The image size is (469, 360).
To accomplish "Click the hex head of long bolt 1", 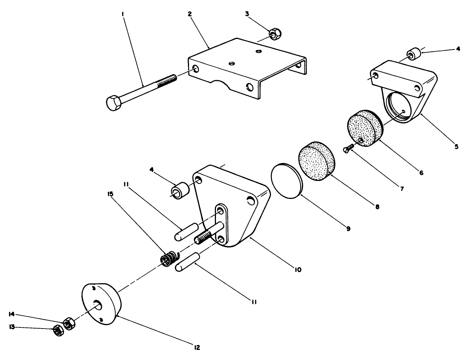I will (x=113, y=103).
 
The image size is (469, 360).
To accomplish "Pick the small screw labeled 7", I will (x=348, y=149).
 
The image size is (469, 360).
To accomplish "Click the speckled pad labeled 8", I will (x=317, y=162).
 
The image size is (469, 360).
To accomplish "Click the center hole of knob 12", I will (x=98, y=305).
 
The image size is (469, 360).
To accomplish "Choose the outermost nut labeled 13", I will (x=58, y=330).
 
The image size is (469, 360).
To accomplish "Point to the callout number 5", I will (x=456, y=146).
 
